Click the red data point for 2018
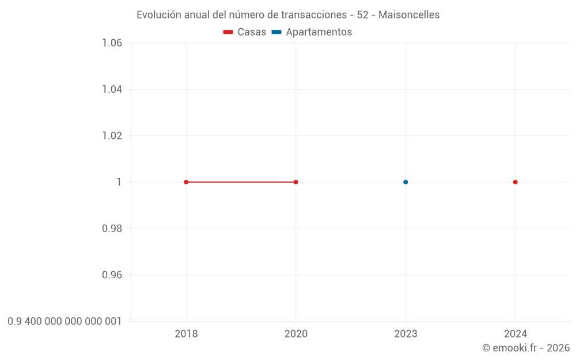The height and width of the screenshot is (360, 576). click(186, 182)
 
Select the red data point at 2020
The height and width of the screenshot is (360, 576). click(296, 182)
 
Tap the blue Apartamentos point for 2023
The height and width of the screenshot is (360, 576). click(406, 182)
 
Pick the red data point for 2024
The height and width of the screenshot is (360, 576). click(516, 182)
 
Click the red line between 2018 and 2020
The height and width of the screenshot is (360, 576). click(241, 182)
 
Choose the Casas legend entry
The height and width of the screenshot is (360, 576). click(245, 32)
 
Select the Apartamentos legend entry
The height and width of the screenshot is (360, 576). click(312, 32)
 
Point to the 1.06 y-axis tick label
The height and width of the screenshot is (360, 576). click(112, 43)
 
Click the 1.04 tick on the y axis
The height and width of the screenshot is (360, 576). click(112, 89)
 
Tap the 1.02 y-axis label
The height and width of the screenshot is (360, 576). click(112, 136)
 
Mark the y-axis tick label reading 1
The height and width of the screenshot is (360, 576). click(119, 182)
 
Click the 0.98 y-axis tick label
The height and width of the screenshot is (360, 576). click(112, 229)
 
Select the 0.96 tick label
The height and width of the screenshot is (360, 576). click(112, 275)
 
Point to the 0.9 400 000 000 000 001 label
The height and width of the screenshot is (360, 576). click(65, 321)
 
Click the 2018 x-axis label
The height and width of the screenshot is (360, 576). click(186, 334)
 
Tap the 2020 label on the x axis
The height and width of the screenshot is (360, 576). click(296, 334)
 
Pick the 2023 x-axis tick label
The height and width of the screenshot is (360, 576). click(406, 334)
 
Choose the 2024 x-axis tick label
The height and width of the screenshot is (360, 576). click(516, 334)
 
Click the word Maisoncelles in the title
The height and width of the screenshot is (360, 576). click(409, 15)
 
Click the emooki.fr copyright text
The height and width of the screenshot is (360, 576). click(526, 348)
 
